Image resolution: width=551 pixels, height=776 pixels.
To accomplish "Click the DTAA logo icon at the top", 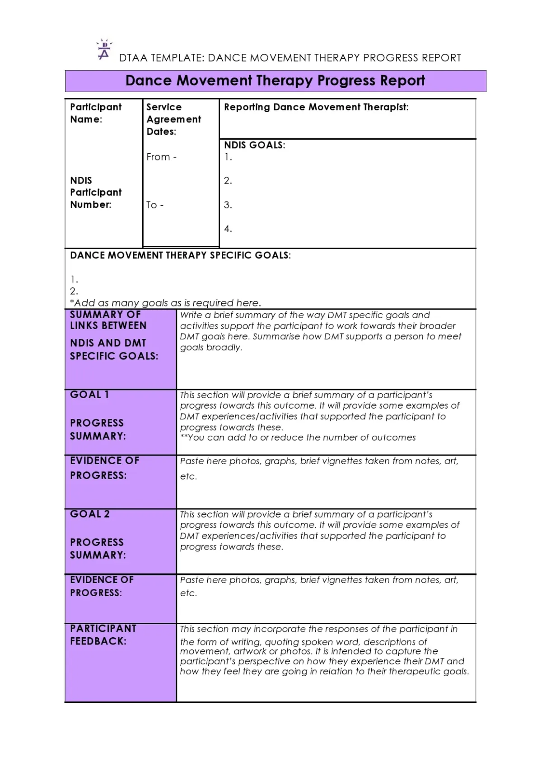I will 104,50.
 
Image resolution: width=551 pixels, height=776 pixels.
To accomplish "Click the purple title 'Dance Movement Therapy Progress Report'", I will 275,81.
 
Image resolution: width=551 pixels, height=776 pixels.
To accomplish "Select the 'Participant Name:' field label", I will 96,113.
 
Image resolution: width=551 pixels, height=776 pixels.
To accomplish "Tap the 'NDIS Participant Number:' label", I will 96,193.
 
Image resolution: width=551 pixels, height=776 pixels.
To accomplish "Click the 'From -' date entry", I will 161,157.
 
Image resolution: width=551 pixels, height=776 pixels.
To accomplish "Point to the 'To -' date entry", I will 155,205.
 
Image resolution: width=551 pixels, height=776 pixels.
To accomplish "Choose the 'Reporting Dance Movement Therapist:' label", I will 316,107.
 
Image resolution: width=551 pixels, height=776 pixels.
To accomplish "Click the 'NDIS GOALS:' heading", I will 255,145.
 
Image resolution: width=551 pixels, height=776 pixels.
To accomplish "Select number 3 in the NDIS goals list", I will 228,205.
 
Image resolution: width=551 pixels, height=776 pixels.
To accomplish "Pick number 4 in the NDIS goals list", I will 228,229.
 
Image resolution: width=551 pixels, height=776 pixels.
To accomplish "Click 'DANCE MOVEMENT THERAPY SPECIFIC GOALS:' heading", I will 180,255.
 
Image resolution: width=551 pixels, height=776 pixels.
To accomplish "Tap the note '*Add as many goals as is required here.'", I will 165,303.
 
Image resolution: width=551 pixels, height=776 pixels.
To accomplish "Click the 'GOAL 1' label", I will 89,395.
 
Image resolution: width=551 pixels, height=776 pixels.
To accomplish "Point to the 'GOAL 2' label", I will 90,514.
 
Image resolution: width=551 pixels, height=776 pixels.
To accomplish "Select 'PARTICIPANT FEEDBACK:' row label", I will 103,635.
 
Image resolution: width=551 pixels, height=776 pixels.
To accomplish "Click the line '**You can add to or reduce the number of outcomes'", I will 298,437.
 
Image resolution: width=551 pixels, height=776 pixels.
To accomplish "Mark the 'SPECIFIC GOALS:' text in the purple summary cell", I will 114,356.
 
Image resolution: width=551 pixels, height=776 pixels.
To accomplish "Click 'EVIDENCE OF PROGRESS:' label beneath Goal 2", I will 102,586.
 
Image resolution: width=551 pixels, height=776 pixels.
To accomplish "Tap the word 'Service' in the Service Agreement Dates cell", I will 164,107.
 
